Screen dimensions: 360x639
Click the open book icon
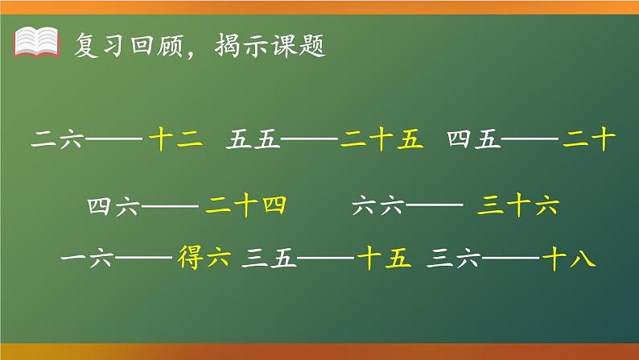click(37, 42)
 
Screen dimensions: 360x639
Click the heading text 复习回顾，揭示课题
click(198, 43)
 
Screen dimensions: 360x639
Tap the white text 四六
click(114, 207)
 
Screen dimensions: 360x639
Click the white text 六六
click(377, 207)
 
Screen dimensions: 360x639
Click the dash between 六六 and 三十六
click(432, 208)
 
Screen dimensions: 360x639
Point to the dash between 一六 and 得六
click(143, 260)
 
